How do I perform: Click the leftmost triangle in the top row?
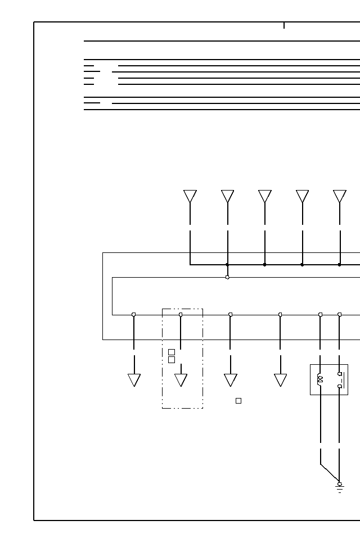click(190, 196)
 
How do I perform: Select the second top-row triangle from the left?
click(227, 196)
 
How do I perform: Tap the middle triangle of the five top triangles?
click(265, 196)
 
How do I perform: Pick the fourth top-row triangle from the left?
click(302, 196)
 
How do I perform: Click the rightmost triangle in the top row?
click(340, 196)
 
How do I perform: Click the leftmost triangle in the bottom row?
click(134, 379)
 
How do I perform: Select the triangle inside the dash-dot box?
click(181, 379)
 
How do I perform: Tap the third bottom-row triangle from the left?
click(231, 379)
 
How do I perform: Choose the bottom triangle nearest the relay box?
click(280, 379)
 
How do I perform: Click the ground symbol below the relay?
click(340, 487)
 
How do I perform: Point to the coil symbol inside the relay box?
click(320, 379)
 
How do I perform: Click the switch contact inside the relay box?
click(340, 380)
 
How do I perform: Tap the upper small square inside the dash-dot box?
click(172, 352)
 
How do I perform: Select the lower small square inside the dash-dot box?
click(172, 360)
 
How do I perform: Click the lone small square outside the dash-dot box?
click(238, 401)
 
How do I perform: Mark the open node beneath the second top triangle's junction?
click(227, 277)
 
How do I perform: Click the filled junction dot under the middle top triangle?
click(265, 264)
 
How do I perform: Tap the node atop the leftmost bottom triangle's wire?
click(134, 315)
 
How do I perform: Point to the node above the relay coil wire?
click(320, 315)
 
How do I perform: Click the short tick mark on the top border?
click(284, 25)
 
